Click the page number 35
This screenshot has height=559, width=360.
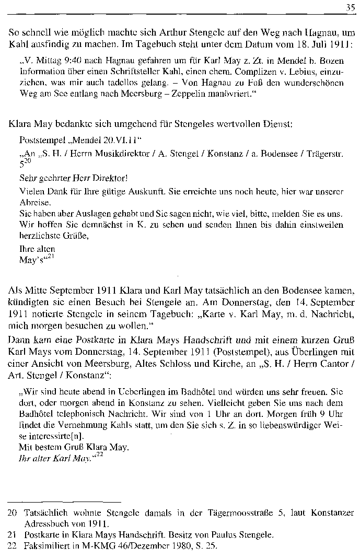point(350,7)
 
